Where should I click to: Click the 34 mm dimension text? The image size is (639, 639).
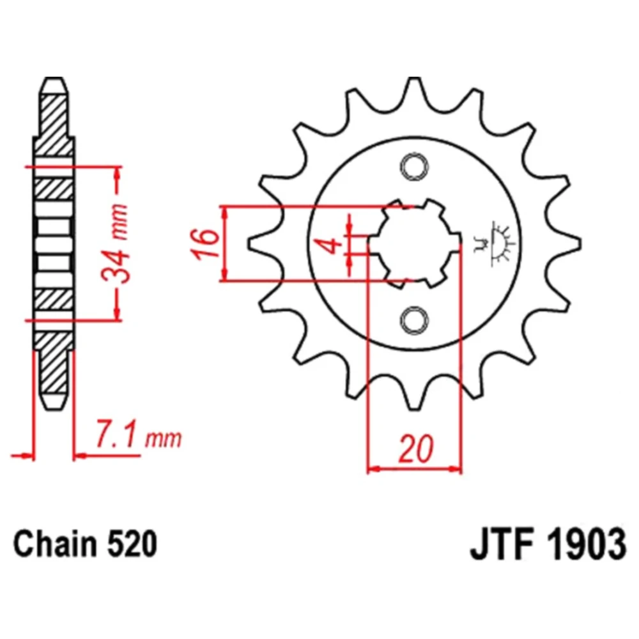click(x=115, y=243)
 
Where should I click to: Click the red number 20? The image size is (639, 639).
click(x=415, y=449)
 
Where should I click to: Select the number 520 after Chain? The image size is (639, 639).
click(x=132, y=544)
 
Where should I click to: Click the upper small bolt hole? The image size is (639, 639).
click(x=414, y=166)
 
